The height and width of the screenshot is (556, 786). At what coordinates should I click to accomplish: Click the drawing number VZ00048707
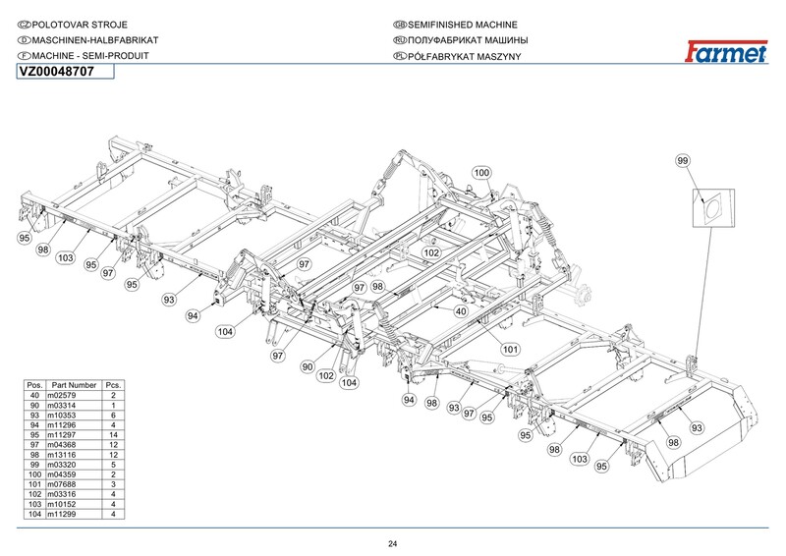(57, 72)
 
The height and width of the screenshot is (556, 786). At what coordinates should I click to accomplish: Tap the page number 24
(392, 544)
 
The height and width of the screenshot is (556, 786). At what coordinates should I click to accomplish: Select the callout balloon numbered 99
(684, 160)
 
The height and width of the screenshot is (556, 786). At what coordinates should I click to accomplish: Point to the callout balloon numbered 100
(480, 173)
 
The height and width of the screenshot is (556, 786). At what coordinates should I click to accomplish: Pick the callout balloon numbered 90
(308, 366)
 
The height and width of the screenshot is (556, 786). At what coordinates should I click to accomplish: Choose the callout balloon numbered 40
(460, 311)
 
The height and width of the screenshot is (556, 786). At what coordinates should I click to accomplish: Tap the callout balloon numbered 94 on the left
(193, 316)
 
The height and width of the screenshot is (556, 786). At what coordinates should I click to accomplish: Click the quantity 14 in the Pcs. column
(114, 435)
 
